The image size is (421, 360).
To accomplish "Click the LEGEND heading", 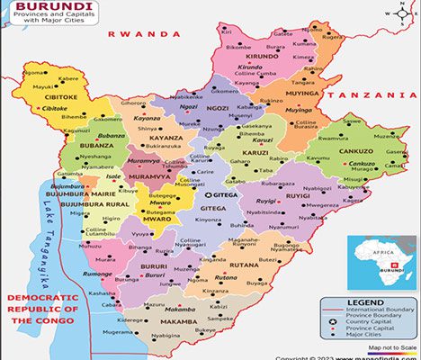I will [367, 304].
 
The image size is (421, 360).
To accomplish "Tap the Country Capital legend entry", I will [367, 323].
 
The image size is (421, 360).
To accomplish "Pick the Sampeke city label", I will [221, 319].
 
